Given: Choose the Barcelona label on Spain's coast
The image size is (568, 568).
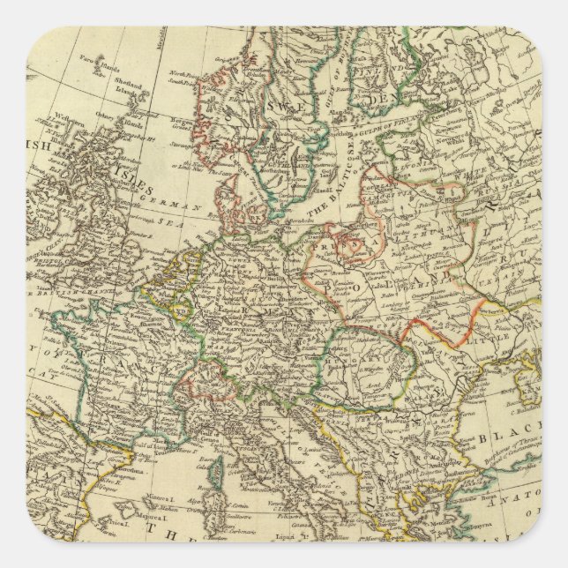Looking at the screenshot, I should click(x=115, y=475).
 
